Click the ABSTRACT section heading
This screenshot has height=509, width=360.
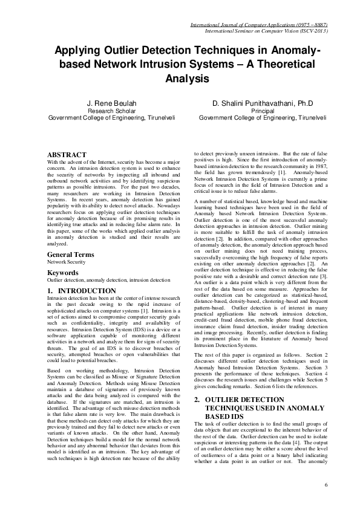pyautogui.click(x=67, y=155)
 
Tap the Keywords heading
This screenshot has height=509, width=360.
pyautogui.click(x=63, y=273)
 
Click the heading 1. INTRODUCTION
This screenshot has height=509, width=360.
pyautogui.click(x=77, y=291)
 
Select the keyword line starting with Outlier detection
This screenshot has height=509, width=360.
pyautogui.click(x=108, y=280)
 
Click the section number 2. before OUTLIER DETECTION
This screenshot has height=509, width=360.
pyautogui.click(x=197, y=400)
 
